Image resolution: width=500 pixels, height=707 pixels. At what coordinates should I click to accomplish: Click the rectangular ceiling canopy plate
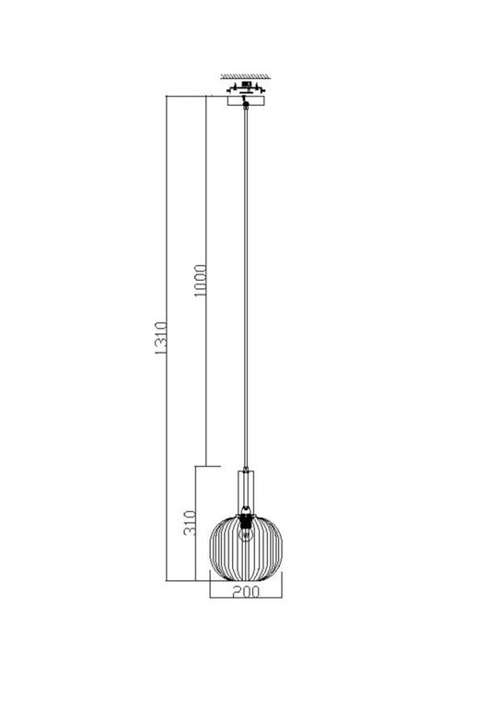pyautogui.click(x=246, y=100)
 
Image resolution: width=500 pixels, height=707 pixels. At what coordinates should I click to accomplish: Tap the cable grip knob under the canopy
pyautogui.click(x=246, y=110)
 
